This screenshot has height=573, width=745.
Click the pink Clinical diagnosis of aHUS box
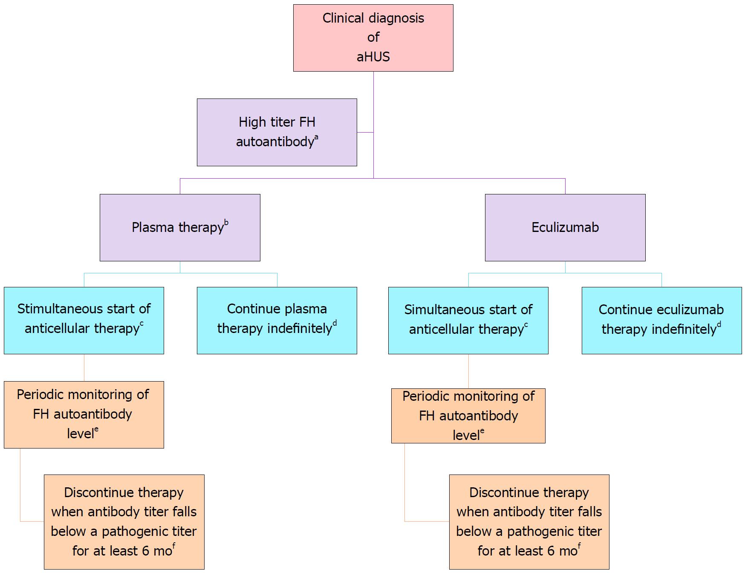(x=373, y=38)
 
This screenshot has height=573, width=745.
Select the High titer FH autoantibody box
(x=277, y=132)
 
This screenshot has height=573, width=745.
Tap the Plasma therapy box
(x=180, y=228)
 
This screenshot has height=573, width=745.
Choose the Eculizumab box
(x=565, y=228)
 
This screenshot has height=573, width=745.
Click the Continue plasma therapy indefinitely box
(x=277, y=321)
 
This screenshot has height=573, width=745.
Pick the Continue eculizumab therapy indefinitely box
(x=661, y=321)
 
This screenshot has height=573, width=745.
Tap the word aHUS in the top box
(x=373, y=57)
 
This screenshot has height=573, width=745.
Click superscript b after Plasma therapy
(x=226, y=222)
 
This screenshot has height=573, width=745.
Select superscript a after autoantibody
(x=316, y=137)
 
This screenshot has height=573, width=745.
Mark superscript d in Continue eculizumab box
(x=719, y=324)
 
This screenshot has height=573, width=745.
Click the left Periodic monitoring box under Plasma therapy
(x=84, y=415)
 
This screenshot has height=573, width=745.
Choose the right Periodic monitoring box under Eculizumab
(x=468, y=416)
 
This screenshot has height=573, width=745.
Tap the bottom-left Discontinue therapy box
(x=124, y=522)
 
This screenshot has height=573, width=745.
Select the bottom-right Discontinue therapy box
(x=529, y=522)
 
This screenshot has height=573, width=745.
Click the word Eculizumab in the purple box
(x=565, y=227)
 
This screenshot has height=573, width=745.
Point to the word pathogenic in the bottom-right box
(x=554, y=532)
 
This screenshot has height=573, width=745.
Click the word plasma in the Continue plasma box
(x=307, y=309)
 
